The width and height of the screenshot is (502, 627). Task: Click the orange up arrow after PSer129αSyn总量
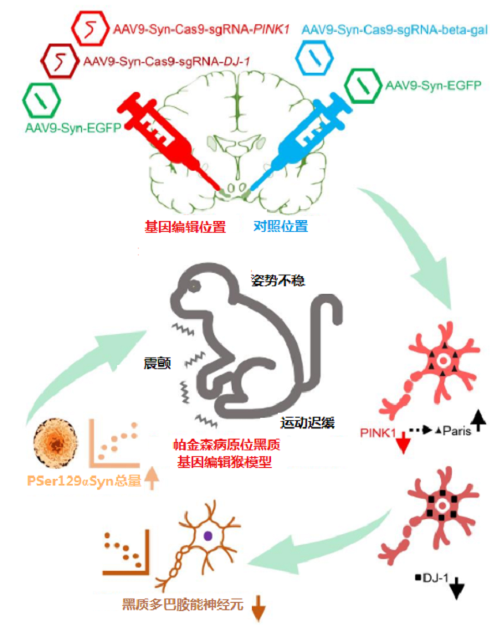tap(151, 479)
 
